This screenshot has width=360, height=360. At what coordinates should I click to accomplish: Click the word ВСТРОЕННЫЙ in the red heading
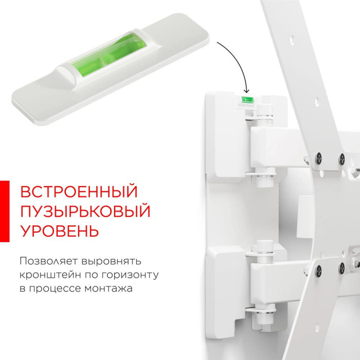(x=79, y=192)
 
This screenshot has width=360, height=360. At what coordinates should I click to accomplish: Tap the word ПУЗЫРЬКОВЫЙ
(x=85, y=211)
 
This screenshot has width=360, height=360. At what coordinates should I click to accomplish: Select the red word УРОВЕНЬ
(x=60, y=231)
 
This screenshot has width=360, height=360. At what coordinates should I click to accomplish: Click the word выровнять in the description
(x=111, y=262)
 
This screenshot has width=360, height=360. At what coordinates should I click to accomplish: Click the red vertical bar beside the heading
(x=5, y=211)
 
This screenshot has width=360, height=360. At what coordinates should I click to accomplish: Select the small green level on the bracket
(x=247, y=100)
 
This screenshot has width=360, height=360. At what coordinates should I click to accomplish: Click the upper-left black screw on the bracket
(x=318, y=158)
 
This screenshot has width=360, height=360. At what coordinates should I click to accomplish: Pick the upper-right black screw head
(x=342, y=158)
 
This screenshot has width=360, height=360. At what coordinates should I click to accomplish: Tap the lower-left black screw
(x=318, y=270)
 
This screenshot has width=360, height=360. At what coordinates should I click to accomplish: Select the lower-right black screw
(x=342, y=267)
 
